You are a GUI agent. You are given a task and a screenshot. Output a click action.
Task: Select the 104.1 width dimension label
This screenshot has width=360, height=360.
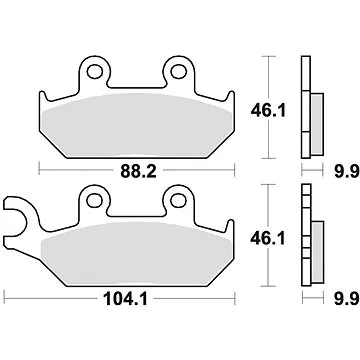pos(135,298)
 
